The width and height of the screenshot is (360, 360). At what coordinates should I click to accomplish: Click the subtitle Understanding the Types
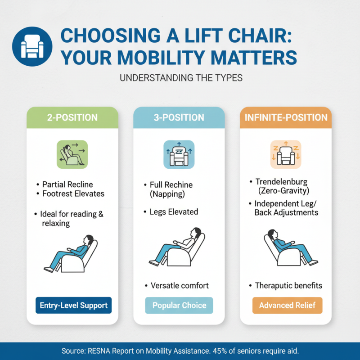coord(181,78)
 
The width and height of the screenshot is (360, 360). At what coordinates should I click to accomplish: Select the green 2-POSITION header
coord(72,118)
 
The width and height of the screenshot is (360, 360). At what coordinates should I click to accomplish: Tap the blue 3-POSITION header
coord(179,118)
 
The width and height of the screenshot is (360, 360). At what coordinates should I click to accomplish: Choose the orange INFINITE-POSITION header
coord(286,118)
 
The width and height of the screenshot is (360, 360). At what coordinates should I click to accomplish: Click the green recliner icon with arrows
coord(72,154)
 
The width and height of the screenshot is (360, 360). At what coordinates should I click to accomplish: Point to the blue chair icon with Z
coord(179,154)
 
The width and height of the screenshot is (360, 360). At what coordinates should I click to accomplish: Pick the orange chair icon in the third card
coord(285,154)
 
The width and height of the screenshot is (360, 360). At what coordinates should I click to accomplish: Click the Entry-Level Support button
coord(73,306)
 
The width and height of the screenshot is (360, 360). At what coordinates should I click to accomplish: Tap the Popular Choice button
coord(179,306)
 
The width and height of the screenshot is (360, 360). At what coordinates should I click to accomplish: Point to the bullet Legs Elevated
coord(174,211)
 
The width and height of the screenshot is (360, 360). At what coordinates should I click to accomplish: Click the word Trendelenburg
coord(281,182)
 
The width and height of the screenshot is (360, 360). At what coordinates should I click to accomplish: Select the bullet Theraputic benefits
coord(288,286)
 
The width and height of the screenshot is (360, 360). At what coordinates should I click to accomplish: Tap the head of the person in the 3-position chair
coord(194,233)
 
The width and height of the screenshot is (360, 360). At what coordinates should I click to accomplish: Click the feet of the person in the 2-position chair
coord(48,269)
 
